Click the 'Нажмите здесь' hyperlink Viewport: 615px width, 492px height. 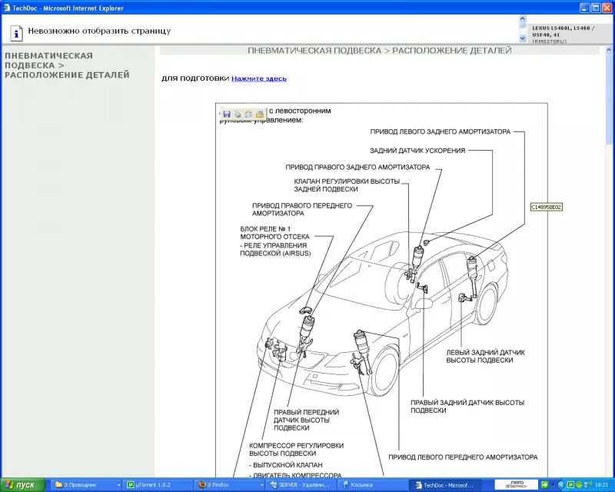point(259,78)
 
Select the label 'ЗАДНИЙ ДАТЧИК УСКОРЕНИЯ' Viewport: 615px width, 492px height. point(417,151)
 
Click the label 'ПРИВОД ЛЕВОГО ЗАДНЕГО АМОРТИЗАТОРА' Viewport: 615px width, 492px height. point(440,131)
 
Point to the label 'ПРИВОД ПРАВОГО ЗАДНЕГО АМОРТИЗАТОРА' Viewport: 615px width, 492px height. point(357,167)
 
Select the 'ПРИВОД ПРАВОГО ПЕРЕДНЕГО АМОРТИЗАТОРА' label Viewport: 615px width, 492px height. point(301,209)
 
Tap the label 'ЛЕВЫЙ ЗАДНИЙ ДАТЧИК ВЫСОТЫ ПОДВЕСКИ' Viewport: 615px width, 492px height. point(485,356)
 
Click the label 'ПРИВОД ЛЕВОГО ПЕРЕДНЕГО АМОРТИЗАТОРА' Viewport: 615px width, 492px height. point(462,457)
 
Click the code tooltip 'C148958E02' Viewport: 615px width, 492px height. point(547,207)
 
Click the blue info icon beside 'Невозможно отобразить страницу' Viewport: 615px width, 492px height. point(15,32)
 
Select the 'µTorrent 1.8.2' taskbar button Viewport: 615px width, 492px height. point(158,485)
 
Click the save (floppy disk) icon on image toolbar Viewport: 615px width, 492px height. point(227,114)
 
